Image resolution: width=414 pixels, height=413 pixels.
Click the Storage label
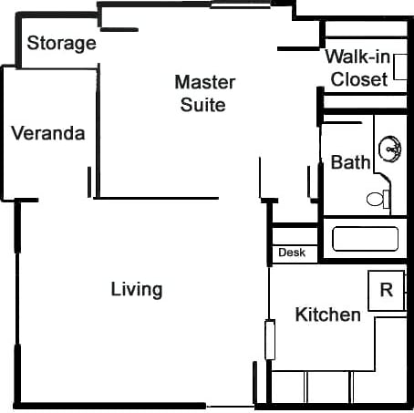61,43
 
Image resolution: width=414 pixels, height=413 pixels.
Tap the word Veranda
48,134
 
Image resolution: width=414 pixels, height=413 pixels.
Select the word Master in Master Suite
204,82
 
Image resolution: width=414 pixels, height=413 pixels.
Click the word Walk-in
358,57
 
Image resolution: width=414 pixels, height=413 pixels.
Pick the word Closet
358,79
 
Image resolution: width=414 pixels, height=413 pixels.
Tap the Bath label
350,162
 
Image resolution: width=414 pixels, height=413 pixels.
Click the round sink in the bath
391,146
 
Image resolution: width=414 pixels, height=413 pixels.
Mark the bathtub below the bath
365,239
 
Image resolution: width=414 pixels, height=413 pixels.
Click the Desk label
292,253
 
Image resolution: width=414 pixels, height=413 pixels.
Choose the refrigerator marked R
386,291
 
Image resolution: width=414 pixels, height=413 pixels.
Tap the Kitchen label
328,315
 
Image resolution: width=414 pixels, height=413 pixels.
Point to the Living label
137,290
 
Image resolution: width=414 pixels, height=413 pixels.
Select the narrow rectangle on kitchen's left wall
269,339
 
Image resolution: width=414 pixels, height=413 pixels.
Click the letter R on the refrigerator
386,291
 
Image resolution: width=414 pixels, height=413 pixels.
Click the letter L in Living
115,290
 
